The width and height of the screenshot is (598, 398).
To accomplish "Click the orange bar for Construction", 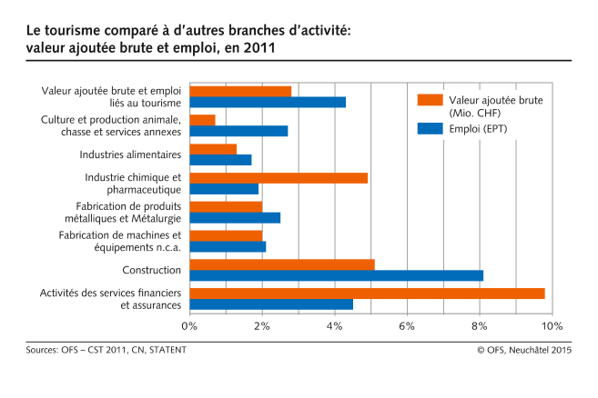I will pos(282,264).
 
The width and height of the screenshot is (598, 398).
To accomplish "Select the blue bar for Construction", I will pos(337,275).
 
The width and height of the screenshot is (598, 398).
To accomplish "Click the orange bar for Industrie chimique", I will pos(279,177).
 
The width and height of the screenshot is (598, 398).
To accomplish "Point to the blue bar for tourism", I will pos(268,102).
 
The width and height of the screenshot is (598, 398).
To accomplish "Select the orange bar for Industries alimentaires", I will pos(213,148).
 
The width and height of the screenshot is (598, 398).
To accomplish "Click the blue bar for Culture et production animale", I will pos(238,131).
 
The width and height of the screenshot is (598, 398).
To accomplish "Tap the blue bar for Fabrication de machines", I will pos(228,246).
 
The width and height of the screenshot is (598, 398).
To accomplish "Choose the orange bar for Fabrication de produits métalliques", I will pos(226,206).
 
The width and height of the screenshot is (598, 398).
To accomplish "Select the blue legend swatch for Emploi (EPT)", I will pos(428,128).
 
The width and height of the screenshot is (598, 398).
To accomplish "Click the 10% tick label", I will pos(552,326).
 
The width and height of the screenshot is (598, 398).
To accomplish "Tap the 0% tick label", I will pos(189,326).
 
